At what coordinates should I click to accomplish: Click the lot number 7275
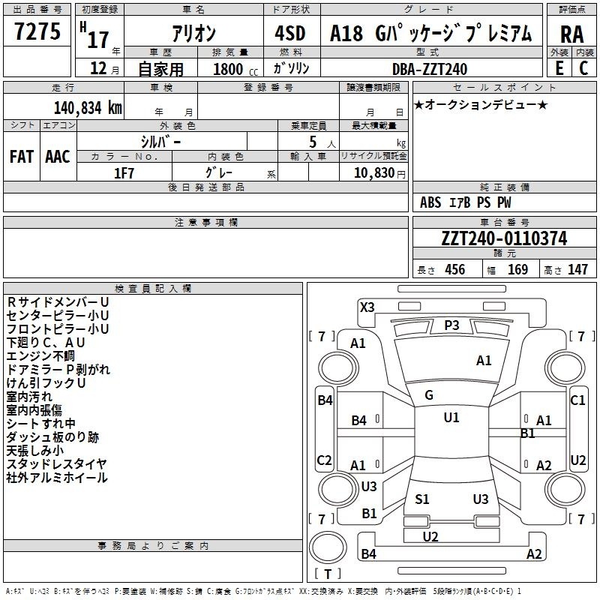[37, 31]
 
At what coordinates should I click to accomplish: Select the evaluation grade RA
[571, 34]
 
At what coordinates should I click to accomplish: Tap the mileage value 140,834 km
[88, 108]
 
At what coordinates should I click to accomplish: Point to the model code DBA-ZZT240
[430, 69]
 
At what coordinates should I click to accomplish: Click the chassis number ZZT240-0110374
[504, 238]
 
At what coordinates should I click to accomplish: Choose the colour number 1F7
[124, 173]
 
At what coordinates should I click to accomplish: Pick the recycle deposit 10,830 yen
[379, 173]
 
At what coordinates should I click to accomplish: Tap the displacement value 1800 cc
[235, 69]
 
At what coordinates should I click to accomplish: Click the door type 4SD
[290, 33]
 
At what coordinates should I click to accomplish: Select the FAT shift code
[22, 157]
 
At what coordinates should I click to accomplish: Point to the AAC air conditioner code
[58, 157]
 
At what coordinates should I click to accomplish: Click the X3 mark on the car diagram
[367, 307]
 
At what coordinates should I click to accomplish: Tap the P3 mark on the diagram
[451, 325]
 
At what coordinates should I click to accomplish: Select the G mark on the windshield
[429, 395]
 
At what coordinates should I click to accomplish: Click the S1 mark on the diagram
[422, 499]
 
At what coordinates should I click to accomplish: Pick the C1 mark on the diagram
[577, 400]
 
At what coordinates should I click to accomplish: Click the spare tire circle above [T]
[328, 547]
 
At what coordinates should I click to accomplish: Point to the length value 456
[455, 269]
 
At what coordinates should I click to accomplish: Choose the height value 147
[577, 269]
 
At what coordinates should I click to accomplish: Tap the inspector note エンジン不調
[40, 355]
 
